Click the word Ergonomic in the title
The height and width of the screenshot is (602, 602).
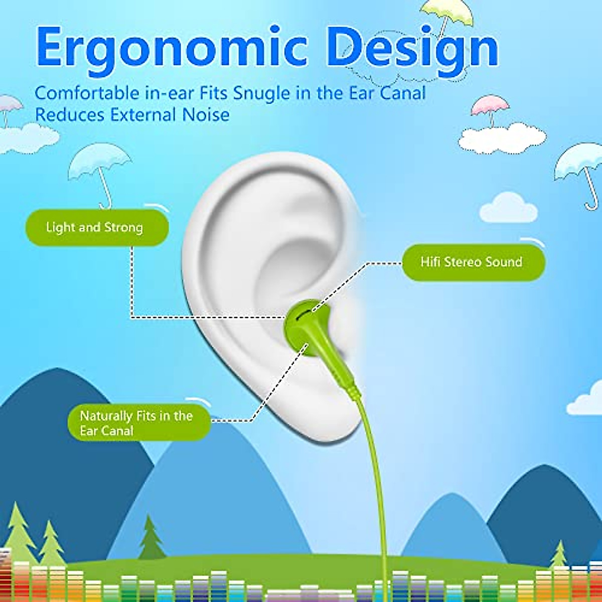[171, 48]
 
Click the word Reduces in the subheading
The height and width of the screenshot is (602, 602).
[70, 115]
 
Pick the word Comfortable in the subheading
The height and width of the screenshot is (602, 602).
[87, 93]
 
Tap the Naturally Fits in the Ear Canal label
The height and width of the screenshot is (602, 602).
[138, 423]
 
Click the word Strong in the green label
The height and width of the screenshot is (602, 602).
[123, 228]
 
